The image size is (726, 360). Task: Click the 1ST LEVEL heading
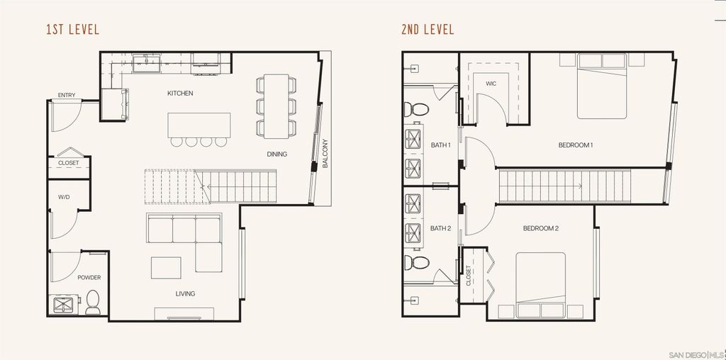coord(72,30)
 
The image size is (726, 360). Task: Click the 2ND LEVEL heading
coord(427,30)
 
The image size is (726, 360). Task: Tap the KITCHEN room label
coord(180,94)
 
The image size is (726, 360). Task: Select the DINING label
coord(277,154)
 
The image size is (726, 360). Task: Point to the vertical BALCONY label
coord(325,152)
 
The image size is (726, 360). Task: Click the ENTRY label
coord(67,96)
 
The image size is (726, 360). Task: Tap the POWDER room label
coord(89,278)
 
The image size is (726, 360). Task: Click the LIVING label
coord(185,293)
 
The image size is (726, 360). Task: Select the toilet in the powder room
coord(93,303)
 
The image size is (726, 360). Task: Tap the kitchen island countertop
coord(199,125)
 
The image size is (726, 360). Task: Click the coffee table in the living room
coord(166,267)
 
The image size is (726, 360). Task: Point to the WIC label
coord(491,84)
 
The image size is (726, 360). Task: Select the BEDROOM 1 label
coord(576,145)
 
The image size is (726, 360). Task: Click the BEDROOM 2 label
coord(541,228)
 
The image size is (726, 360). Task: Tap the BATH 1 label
coord(441,145)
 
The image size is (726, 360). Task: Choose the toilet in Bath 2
coord(418,263)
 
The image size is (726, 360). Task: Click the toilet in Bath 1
coord(418,110)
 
